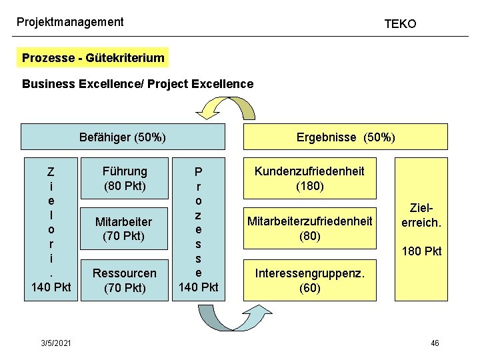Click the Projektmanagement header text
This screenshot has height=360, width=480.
[x=70, y=22]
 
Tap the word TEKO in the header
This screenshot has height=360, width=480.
[x=400, y=24]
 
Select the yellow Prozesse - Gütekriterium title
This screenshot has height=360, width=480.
[x=93, y=58]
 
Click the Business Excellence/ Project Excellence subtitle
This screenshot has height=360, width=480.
[x=137, y=84]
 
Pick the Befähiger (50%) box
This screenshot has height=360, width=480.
[x=123, y=137]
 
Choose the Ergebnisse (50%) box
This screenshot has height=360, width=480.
[x=345, y=137]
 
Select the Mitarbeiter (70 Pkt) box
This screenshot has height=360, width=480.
[x=125, y=229]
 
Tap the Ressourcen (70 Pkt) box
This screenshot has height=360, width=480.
[x=125, y=280]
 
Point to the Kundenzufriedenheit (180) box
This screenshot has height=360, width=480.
[x=310, y=179]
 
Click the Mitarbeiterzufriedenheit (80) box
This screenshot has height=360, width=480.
[x=310, y=229]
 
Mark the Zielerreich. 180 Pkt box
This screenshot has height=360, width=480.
[x=421, y=229]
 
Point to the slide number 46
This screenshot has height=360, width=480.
[x=435, y=343]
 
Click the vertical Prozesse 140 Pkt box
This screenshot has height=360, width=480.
[x=197, y=229]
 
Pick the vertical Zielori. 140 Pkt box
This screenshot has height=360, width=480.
[x=51, y=229]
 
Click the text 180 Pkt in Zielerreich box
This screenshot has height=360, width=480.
[x=421, y=251]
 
